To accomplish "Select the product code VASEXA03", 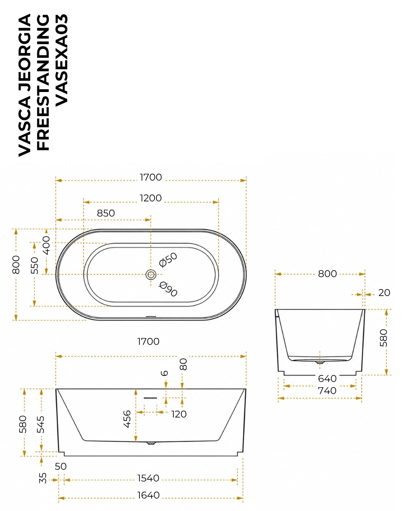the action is [62, 60].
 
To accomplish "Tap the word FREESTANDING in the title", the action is [43, 83].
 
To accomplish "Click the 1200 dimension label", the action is [150, 198].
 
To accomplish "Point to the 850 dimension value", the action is [106, 213].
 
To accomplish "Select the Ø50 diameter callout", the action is [168, 260].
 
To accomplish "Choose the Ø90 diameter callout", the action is [168, 289].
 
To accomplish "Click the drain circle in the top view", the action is [151, 275].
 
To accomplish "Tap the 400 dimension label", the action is [46, 245].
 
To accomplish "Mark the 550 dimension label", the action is [34, 265].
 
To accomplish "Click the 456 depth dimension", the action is [127, 419].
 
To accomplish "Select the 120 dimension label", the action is [179, 414].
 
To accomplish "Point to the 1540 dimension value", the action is [148, 478].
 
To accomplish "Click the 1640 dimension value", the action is [148, 495].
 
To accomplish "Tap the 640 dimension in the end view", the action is [327, 379].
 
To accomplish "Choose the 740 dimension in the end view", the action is [327, 391].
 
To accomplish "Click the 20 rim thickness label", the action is [384, 293].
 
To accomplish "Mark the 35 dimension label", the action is [43, 478].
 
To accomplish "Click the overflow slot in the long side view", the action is [150, 398].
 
